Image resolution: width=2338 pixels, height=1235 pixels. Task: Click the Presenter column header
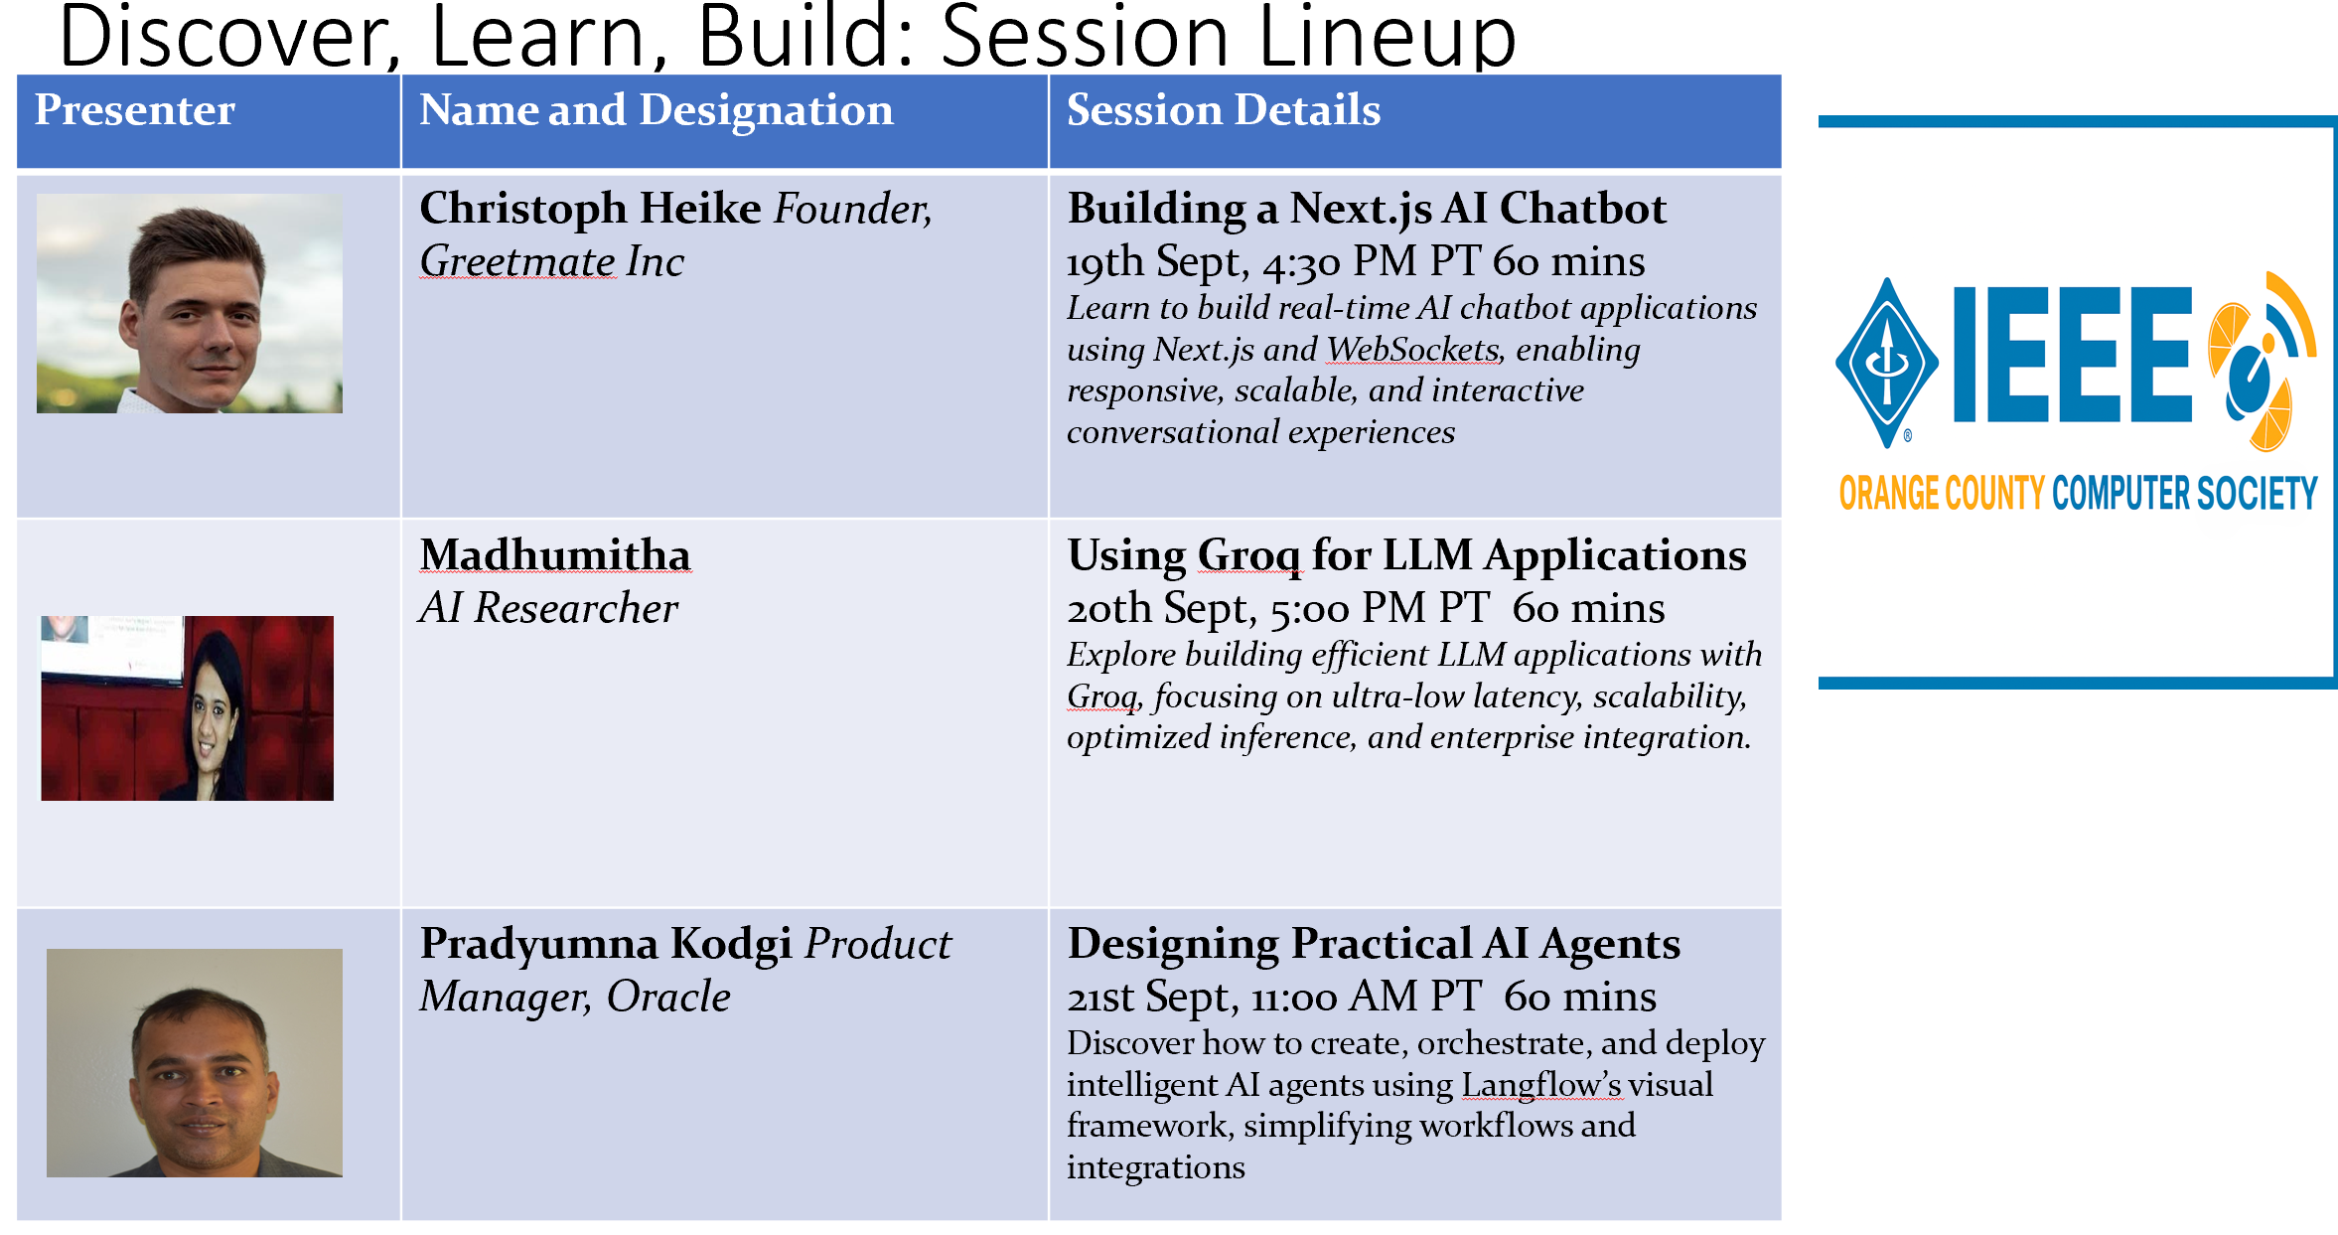click(135, 109)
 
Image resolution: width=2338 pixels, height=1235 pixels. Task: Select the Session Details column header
click(1224, 109)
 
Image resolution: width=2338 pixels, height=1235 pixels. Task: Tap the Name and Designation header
click(657, 110)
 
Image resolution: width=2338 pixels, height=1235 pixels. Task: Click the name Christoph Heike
click(590, 209)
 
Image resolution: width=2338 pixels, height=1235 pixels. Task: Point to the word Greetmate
click(517, 261)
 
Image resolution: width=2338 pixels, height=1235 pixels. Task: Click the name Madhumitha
click(555, 554)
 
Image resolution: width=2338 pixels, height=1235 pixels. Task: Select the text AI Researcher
click(549, 608)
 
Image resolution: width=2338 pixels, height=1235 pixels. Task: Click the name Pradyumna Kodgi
click(606, 945)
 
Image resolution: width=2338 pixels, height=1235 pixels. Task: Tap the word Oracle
click(668, 997)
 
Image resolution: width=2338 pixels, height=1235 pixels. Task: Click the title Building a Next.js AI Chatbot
click(1367, 210)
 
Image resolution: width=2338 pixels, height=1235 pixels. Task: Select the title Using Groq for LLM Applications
click(1406, 556)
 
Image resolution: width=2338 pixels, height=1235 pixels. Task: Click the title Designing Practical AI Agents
click(1374, 945)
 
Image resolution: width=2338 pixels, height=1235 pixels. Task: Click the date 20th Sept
click(1158, 609)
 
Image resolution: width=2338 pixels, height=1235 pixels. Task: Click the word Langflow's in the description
click(1541, 1085)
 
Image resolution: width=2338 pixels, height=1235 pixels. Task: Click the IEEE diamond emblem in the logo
click(1887, 363)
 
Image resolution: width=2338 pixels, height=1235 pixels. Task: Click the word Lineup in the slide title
click(1387, 38)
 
